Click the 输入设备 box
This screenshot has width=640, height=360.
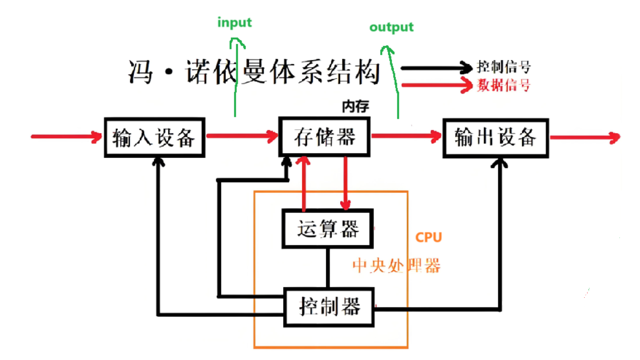[154, 138]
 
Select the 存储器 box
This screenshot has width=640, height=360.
[324, 137]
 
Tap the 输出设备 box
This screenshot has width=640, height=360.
[495, 138]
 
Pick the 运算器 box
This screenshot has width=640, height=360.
[327, 229]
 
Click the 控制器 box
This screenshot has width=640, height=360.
[329, 307]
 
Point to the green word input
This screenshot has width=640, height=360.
[234, 23]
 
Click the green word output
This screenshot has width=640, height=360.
[391, 27]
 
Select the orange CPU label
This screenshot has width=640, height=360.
[428, 238]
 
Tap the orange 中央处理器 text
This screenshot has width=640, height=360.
[396, 265]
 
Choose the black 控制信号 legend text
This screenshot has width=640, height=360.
[503, 68]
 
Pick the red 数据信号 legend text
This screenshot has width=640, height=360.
[503, 86]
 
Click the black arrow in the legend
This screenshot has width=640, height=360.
[436, 68]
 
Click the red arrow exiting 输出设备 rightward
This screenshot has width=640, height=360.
[583, 138]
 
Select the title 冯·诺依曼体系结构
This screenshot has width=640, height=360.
[254, 72]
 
